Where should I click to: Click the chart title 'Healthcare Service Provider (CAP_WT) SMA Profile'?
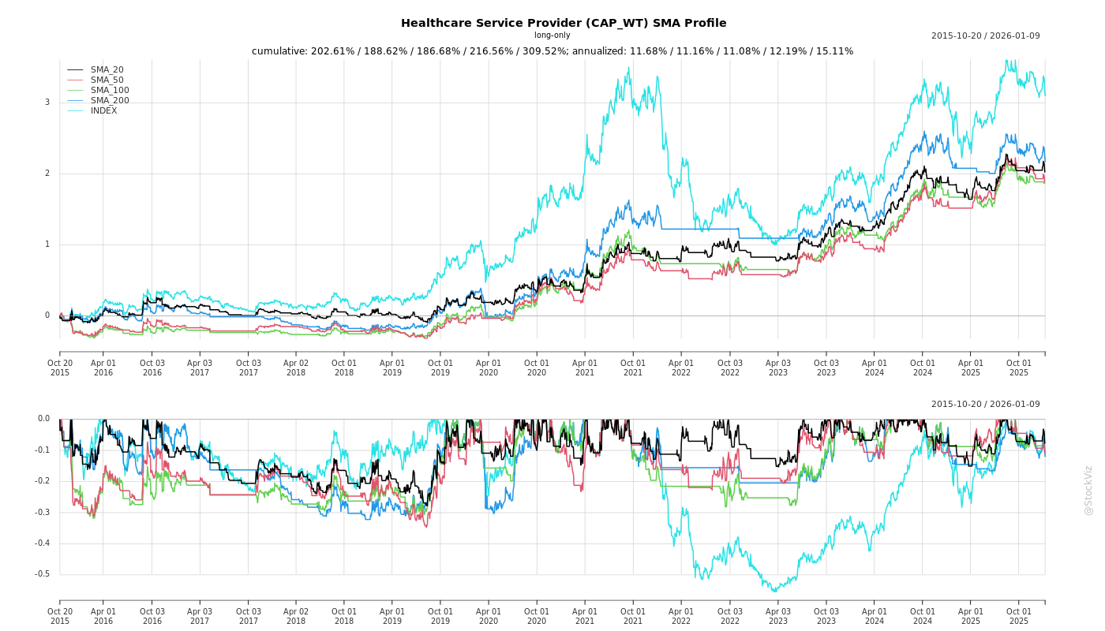coord(564,24)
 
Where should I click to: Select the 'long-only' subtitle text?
coord(552,35)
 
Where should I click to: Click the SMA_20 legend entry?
coord(107,70)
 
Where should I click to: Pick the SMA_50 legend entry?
coord(107,80)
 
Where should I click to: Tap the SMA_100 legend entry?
coord(110,91)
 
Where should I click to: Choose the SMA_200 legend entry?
coord(110,101)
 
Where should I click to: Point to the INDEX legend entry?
coord(103,111)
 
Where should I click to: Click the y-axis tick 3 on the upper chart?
coord(47,103)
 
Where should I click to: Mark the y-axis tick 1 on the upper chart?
coord(47,245)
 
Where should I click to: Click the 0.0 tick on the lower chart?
coord(43,419)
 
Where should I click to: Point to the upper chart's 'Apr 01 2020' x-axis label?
coord(489,368)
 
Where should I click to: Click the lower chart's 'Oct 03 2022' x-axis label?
coord(730,616)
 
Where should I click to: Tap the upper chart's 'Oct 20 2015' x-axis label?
coord(60,368)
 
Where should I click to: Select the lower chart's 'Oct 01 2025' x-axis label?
coord(1019,616)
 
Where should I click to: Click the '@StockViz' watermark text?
coord(1088,491)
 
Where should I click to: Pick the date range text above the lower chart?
coord(985,405)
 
